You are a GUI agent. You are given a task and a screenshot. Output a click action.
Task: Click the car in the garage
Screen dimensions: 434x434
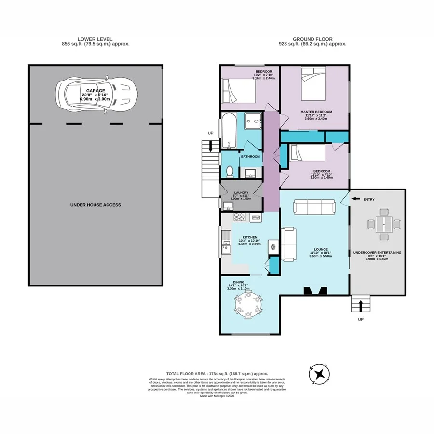[x=96, y=95]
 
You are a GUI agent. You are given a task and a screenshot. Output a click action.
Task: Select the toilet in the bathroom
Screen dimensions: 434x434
[x=230, y=171]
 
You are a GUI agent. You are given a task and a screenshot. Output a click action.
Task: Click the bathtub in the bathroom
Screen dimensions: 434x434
[x=229, y=131]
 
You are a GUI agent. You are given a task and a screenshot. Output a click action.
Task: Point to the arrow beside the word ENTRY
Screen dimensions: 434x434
[x=355, y=199]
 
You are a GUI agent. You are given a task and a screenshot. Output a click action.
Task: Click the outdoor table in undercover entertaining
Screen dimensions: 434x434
[x=384, y=224]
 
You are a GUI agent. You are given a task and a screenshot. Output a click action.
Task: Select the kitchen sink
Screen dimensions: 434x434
[x=226, y=249]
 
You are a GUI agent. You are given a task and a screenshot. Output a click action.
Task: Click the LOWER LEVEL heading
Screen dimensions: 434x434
[x=95, y=39]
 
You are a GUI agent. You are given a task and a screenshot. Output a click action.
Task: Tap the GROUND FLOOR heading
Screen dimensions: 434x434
[x=312, y=39]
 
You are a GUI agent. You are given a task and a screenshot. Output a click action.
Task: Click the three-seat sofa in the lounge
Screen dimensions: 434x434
[x=314, y=208]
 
